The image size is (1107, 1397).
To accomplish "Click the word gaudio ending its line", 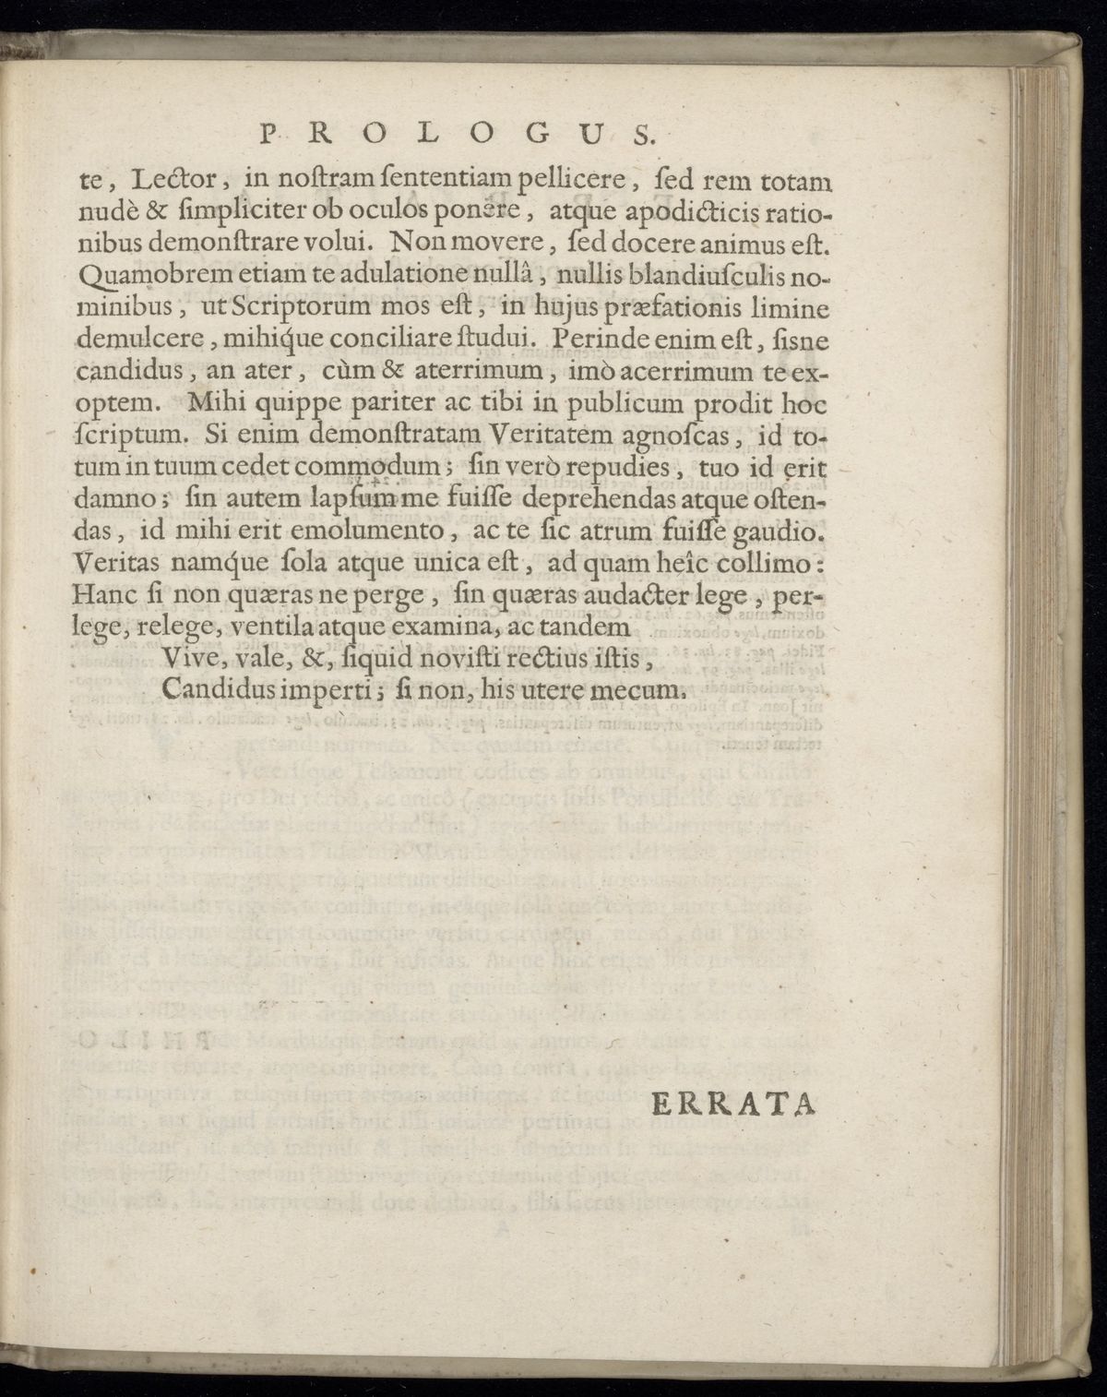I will click(x=784, y=531).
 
